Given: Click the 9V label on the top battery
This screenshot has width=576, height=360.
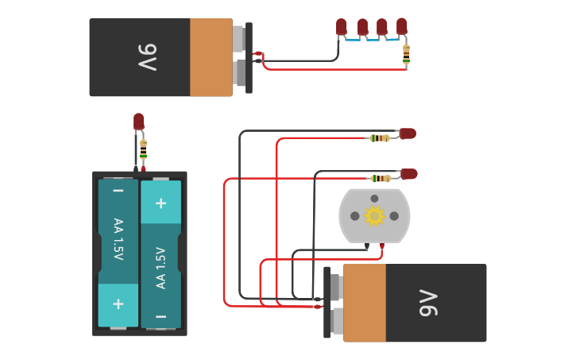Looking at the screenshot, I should coord(148,57).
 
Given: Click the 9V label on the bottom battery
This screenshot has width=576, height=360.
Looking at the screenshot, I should coord(428,303).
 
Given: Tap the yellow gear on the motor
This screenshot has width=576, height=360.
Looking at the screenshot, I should coord(373,215).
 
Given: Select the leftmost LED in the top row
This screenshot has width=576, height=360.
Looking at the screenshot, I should coord(341,26).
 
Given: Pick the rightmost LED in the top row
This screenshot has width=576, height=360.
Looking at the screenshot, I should coord(401,26).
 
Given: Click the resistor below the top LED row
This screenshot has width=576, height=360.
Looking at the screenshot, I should coord(406,53).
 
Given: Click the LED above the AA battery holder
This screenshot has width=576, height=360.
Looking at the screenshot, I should coord(138,121).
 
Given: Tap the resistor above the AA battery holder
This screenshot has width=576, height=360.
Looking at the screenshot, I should coord(143,148).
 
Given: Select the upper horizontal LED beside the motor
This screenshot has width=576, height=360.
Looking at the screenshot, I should coord(408,134).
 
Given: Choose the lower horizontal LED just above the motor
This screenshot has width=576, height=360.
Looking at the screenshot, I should coord(408,173).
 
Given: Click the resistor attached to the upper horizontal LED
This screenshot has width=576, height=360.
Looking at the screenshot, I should coord(381,138).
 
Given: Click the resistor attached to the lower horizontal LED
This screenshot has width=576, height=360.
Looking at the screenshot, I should coord(381,178).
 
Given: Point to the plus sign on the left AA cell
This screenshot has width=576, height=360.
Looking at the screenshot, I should coord(118,304).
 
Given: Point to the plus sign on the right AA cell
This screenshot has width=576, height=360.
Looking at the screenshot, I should coord(160,203).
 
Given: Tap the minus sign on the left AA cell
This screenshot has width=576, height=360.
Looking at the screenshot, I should coord(118,191).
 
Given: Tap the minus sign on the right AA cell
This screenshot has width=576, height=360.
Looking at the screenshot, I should coord(160,315).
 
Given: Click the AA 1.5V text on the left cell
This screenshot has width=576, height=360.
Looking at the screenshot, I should coord(118,239).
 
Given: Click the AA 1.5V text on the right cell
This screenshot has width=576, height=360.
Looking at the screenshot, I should coord(160,268).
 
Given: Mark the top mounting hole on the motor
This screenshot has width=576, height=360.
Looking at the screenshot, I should coord(374,199).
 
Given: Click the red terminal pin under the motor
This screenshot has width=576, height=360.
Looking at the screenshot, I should coord(382,246).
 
